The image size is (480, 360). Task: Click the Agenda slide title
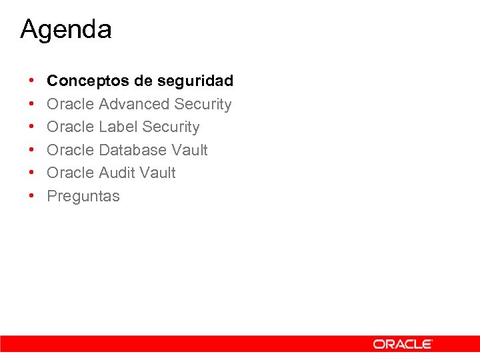66,29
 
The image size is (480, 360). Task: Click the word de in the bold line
143,81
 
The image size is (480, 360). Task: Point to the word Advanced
134,104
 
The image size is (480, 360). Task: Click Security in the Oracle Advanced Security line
203,104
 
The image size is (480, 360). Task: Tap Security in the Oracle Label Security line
171,127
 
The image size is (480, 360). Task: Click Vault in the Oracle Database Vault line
189,150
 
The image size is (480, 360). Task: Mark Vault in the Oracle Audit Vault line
157,173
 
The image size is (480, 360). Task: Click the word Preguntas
83,197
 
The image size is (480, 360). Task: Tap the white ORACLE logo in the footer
403,344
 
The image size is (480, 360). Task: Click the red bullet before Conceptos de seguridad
32,81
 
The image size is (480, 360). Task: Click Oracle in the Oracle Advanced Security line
70,104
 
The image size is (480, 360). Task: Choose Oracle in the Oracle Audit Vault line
70,173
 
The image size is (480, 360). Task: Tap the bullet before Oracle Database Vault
32,150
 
